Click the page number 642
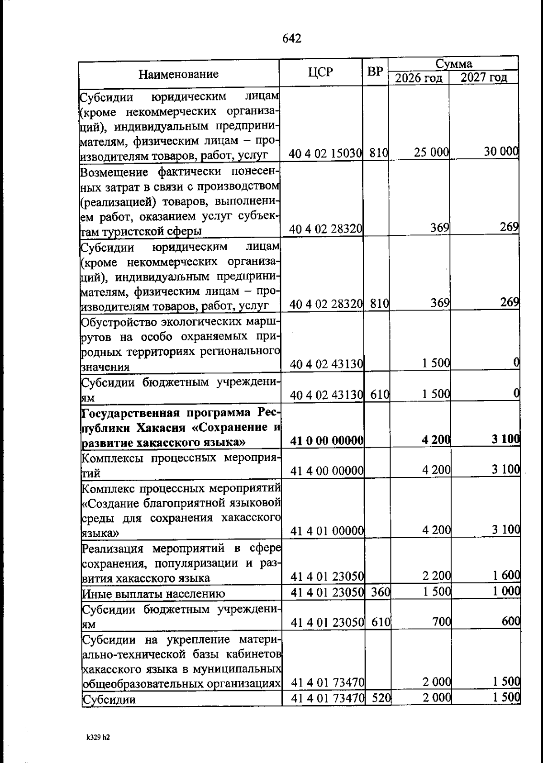(291, 39)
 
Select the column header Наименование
(178, 74)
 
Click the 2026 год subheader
(419, 78)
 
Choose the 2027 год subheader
(483, 78)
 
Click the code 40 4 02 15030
(325, 154)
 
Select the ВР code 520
(381, 698)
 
